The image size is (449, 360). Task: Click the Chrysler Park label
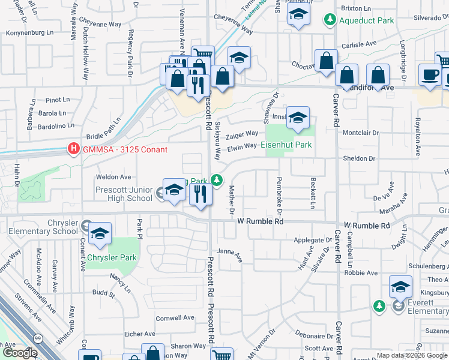[112, 258]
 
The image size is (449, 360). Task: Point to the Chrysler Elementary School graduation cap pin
[100, 234]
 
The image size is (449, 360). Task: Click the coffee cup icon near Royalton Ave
[430, 75]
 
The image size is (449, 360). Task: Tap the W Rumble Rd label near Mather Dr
[260, 221]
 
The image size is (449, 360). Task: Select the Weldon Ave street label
[113, 177]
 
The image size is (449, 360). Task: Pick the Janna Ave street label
[229, 254]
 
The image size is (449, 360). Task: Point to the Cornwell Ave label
[175, 317]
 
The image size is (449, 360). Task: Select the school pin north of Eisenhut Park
[297, 118]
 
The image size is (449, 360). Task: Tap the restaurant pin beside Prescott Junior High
[200, 194]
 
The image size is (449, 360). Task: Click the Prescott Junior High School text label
[124, 194]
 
